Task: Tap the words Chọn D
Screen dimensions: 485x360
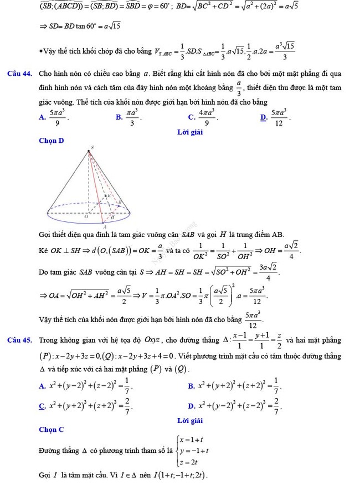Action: coord(52,141)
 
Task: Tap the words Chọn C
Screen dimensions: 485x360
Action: coord(52,429)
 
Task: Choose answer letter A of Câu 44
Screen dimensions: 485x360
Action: coord(42,117)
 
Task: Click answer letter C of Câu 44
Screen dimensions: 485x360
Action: coord(191,117)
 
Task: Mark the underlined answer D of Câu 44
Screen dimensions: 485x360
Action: coord(263,117)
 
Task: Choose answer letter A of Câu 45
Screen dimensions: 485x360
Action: coord(42,386)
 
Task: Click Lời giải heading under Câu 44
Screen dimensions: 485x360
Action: coord(190,132)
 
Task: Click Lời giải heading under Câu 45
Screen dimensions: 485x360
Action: coord(190,421)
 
